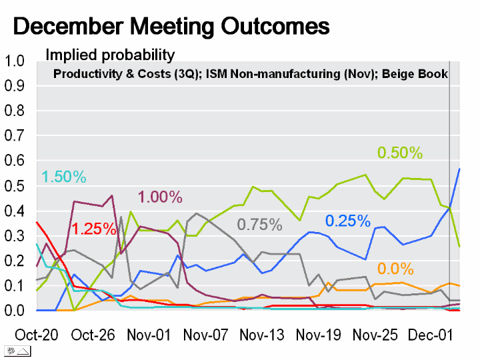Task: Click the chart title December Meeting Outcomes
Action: [x=171, y=27]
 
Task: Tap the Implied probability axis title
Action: [x=110, y=55]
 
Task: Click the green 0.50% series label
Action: [x=400, y=153]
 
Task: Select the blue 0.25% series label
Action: [x=348, y=221]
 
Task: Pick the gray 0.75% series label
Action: [x=259, y=225]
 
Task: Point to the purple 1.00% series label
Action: [x=160, y=197]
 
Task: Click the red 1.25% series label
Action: [x=94, y=229]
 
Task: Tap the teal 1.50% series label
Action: [x=64, y=177]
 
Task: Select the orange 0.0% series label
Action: [x=395, y=269]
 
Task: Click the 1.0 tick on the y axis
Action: [x=14, y=61]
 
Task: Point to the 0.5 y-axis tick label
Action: [x=14, y=186]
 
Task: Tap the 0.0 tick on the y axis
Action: [x=14, y=311]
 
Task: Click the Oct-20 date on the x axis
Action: [x=37, y=335]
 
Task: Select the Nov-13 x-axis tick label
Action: [x=262, y=335]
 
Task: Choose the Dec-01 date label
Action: [x=431, y=335]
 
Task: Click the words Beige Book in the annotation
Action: [x=415, y=74]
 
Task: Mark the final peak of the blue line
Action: [x=459, y=169]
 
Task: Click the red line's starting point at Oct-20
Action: [x=37, y=222]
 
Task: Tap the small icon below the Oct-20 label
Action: [x=18, y=351]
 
